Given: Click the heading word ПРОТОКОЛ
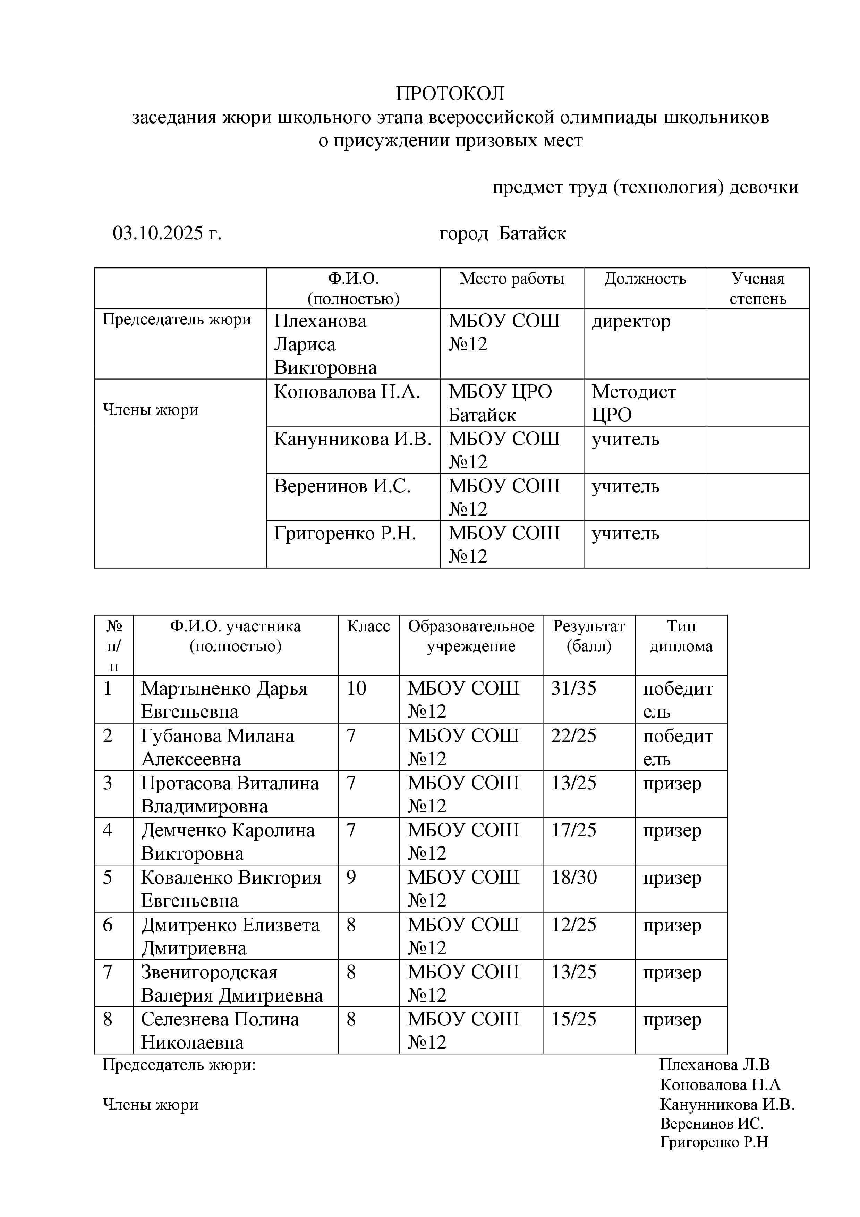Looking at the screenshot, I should [450, 94].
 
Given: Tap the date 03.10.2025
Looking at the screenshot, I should [158, 233].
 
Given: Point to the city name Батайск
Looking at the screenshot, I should [532, 233].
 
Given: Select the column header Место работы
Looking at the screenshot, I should [511, 279].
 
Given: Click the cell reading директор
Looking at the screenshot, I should [631, 321].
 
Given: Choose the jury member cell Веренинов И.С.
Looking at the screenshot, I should [342, 486].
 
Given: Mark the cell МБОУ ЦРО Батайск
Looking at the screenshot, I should [500, 403].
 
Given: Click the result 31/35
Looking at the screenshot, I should [573, 688].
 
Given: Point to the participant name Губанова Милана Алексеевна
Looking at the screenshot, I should [217, 747].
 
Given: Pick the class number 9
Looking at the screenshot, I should [351, 877].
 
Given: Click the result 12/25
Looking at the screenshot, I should [573, 925].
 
